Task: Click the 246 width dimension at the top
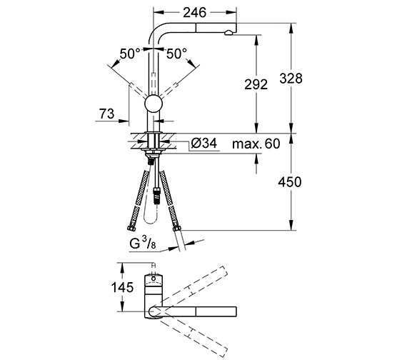point(194,12)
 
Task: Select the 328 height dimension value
point(291,78)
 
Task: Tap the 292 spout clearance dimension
point(256,84)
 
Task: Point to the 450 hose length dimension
point(290,182)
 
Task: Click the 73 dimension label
point(106,114)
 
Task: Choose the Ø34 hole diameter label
point(204,143)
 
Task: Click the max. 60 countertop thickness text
point(256,144)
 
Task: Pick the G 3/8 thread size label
point(143,244)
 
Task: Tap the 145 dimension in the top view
point(122,287)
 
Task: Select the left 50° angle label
point(130,54)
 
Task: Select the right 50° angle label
point(176,54)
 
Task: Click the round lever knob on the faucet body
point(154,104)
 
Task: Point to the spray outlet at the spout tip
point(228,33)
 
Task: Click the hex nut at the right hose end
point(177,228)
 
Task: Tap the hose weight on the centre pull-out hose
point(156,195)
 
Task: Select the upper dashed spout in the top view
point(193,286)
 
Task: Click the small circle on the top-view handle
point(154,279)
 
